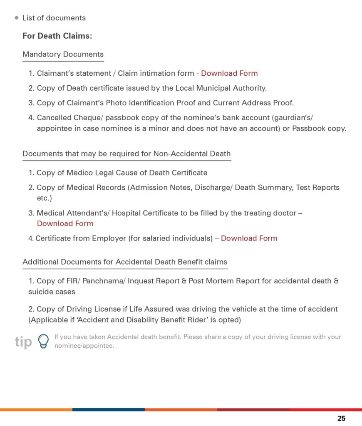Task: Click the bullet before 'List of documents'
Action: [x=17, y=18]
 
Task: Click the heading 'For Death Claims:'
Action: [x=57, y=36]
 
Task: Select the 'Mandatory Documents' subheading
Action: [x=63, y=54]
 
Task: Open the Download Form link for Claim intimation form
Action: [x=229, y=74]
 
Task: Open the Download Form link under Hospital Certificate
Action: [x=65, y=224]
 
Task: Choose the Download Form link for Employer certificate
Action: [x=249, y=238]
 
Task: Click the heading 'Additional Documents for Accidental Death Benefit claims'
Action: [x=125, y=262]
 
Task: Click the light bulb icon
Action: [x=43, y=341]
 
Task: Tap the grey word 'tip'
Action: [x=23, y=342]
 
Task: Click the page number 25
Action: [x=341, y=419]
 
